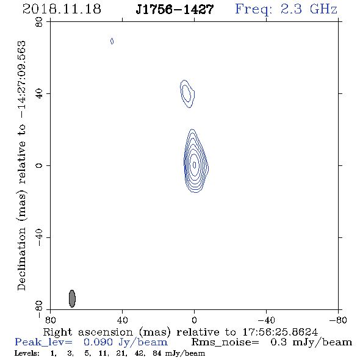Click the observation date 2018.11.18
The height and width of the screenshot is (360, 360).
[62, 9]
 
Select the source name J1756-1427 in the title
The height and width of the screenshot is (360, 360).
[175, 10]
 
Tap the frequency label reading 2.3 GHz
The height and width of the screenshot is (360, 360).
[309, 9]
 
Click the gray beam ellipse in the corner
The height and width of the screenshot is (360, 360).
[72, 298]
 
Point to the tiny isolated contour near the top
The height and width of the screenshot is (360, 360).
[112, 41]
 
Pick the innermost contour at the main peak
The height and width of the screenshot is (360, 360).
[195, 165]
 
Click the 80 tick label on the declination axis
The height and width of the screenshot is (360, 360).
[39, 22]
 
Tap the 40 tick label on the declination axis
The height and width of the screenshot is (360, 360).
[39, 94]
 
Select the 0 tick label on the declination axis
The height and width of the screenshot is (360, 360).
[39, 165]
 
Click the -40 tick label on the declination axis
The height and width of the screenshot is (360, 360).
[39, 237]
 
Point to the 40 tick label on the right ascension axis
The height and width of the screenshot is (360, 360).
[122, 320]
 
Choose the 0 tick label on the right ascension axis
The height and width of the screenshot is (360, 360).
[194, 320]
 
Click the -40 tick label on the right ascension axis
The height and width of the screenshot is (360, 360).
[266, 320]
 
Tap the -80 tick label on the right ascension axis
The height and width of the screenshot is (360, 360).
[338, 320]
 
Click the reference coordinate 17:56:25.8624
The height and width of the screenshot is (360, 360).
[280, 332]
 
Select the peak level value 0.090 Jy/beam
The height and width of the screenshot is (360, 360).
[126, 342]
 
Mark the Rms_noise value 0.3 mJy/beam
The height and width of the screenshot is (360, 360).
[311, 342]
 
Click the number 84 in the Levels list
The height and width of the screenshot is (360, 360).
[157, 353]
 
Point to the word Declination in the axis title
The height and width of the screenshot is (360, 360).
[21, 259]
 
